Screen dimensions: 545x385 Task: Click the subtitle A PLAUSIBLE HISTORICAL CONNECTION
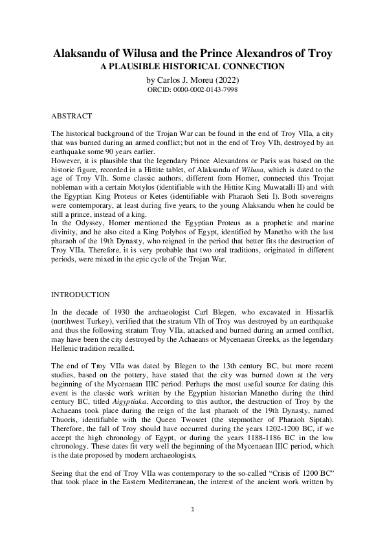pos(192,66)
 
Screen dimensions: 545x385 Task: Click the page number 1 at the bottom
pos(192,509)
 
